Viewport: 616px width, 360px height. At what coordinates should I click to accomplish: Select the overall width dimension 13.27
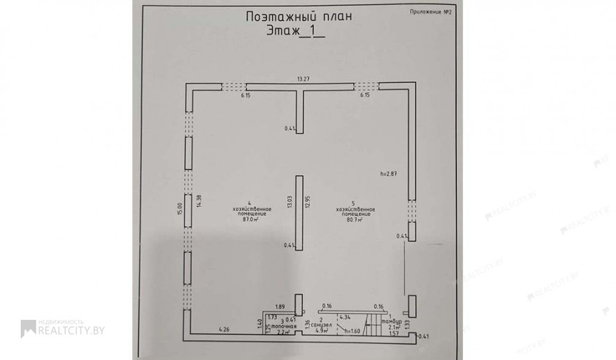pos(302,79)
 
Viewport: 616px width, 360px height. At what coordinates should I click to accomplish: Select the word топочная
pos(284,325)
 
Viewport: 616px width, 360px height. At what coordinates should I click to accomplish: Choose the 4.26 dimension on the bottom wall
pos(224,329)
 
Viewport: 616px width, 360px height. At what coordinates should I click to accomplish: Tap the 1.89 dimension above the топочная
pos(280,306)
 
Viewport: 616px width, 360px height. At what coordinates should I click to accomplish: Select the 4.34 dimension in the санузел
pos(344,318)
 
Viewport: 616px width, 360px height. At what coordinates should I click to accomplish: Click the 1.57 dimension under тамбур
pos(393,333)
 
